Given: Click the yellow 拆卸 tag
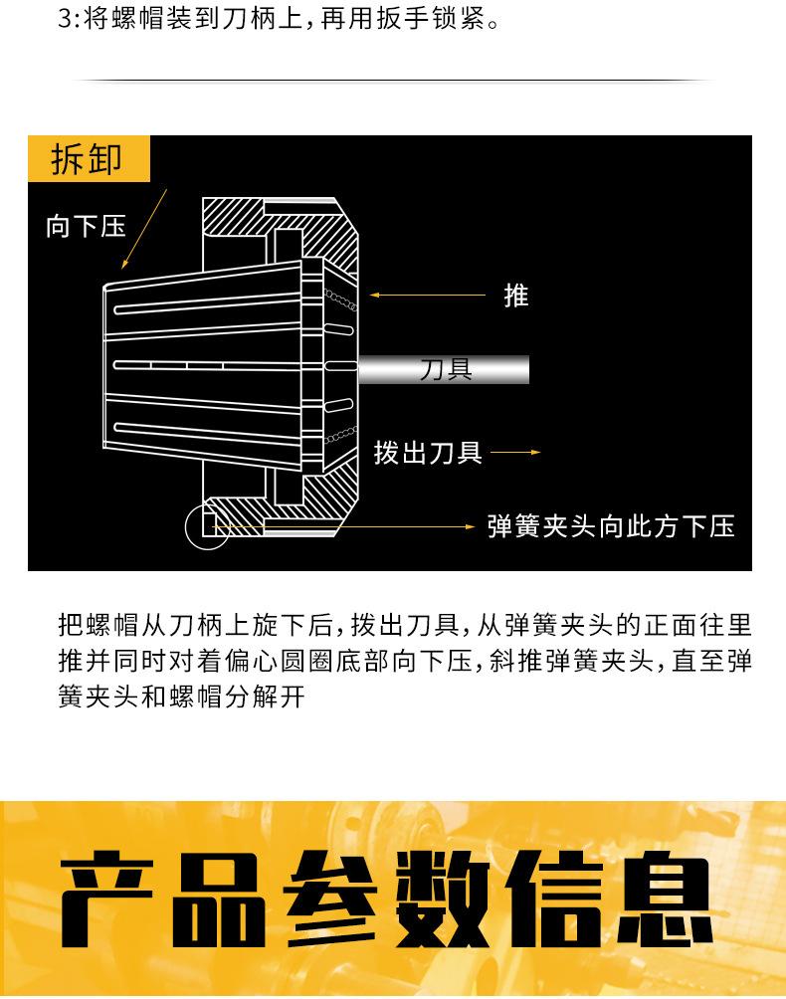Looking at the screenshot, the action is pyautogui.click(x=88, y=159).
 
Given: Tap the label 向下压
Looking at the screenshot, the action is pyautogui.click(x=86, y=226).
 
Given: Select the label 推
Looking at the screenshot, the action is pyautogui.click(x=515, y=296).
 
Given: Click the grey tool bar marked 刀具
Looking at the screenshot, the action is pyautogui.click(x=444, y=370).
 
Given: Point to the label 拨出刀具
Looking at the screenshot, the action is pyautogui.click(x=428, y=453).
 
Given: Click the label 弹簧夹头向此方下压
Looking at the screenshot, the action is pyautogui.click(x=611, y=525).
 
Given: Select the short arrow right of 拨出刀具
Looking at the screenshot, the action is pyautogui.click(x=514, y=453).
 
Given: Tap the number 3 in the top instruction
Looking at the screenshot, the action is pyautogui.click(x=66, y=19).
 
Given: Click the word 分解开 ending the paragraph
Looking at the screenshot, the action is pyautogui.click(x=269, y=696).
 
